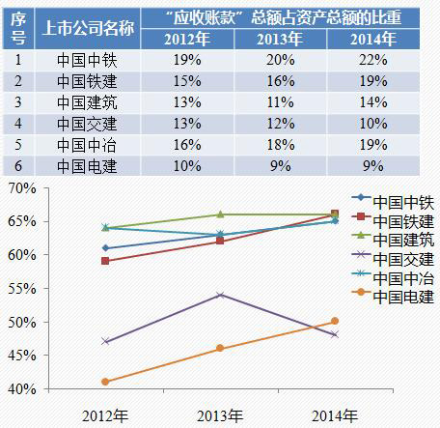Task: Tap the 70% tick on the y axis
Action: (x=21, y=188)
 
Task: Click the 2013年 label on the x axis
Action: (x=220, y=415)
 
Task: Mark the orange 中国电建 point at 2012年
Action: (x=105, y=382)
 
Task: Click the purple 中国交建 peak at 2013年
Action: (x=220, y=294)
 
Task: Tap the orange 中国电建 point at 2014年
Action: (x=335, y=321)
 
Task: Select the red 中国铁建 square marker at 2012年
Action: (x=105, y=261)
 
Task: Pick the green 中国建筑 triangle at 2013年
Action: (x=220, y=214)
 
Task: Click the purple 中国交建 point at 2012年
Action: (x=105, y=341)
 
